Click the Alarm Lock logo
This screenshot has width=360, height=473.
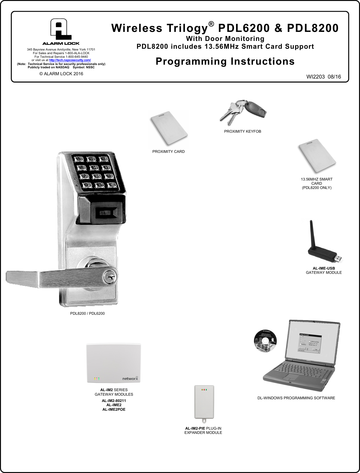point(61,32)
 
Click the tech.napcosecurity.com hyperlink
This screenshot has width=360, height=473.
point(70,60)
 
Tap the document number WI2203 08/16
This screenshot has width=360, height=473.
point(324,77)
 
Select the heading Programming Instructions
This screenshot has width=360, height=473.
point(225,61)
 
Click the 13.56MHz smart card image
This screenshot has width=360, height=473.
point(317,156)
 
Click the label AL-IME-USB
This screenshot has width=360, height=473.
point(324,268)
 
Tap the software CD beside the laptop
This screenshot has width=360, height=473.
point(265,341)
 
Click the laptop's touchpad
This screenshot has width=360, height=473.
point(291,378)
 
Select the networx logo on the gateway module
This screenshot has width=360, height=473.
point(130,378)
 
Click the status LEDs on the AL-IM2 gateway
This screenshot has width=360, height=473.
point(97,379)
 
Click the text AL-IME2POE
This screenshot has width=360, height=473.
point(114,410)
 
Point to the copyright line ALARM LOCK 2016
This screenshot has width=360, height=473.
point(61,74)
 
